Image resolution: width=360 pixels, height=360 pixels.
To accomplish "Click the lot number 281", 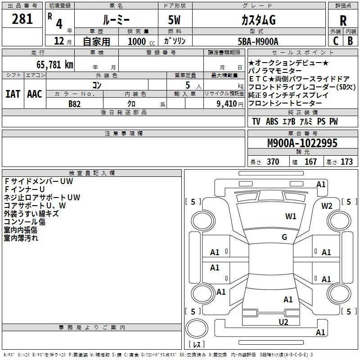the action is point(22,19).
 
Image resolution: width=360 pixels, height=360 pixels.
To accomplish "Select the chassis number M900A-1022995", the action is point(302,143).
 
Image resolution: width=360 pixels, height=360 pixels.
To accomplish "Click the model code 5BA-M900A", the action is point(258,41).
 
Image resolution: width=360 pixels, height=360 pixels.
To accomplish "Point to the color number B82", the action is point(75,103).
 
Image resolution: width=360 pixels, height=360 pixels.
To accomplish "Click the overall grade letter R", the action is point(343,20).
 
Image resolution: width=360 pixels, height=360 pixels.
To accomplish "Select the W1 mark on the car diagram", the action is point(291,216).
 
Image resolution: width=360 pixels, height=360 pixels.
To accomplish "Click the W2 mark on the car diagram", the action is point(327,206).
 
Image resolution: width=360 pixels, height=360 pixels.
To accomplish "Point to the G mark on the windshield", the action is point(284,237).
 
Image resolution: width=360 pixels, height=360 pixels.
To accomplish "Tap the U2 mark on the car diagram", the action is point(283,321).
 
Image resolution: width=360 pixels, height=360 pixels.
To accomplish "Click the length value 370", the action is point(273,162).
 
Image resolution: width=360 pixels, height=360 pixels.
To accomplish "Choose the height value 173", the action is point(346,162).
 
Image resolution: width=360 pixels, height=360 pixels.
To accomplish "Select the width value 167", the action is point(310,162).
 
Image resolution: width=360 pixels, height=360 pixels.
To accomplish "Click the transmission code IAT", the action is point(13,94).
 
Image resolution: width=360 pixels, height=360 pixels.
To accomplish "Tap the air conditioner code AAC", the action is point(34,94).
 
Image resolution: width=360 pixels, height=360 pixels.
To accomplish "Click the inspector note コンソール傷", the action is point(24,221).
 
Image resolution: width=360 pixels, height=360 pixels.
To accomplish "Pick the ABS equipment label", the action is point(272,121).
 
